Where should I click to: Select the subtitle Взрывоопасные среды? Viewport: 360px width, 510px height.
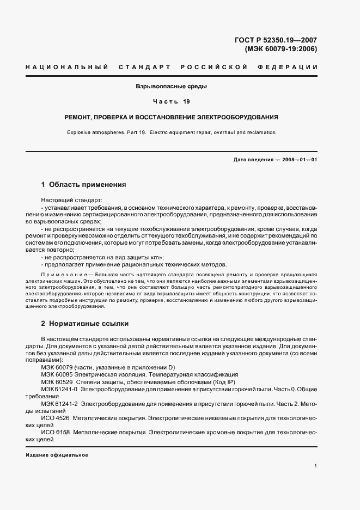172,87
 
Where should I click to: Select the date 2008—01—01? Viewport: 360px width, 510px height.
298,160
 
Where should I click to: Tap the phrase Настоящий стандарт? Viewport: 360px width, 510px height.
68,201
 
